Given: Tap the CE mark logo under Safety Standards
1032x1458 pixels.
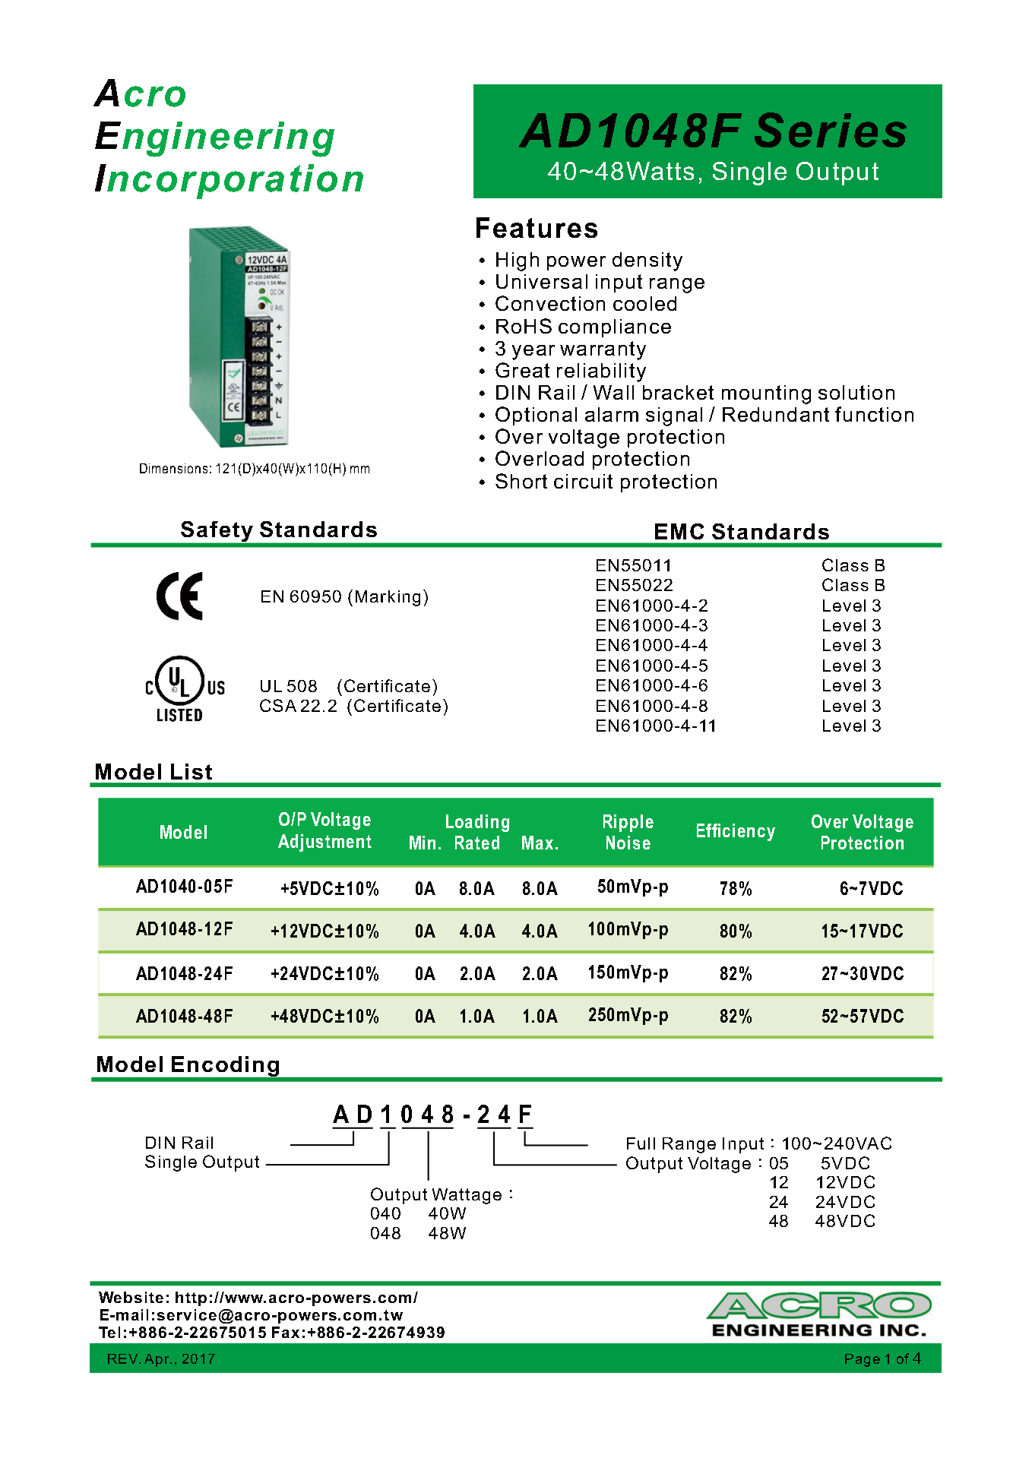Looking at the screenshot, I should (x=180, y=596).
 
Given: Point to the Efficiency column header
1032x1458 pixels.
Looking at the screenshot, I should (x=735, y=831).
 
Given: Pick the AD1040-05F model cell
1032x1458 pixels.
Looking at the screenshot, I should (x=185, y=887).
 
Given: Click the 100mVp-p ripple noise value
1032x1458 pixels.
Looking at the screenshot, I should (x=628, y=929).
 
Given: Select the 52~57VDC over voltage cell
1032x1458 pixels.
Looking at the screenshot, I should (x=862, y=1016).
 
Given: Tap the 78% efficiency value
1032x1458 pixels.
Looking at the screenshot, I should (x=736, y=888).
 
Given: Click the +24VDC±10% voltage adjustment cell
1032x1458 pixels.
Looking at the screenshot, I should (x=324, y=974).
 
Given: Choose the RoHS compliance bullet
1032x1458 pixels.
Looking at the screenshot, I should (x=583, y=327).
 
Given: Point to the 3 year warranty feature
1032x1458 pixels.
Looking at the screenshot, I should (x=570, y=349).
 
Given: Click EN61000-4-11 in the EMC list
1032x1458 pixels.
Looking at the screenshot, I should (x=655, y=726).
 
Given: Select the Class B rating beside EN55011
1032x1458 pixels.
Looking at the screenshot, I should (x=853, y=565).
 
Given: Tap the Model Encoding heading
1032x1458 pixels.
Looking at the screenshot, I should (x=188, y=1064).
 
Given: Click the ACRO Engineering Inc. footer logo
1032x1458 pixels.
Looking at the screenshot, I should (x=819, y=1314).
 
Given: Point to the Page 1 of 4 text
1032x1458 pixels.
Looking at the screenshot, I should (x=882, y=1358).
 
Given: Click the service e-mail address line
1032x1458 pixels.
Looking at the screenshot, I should (x=251, y=1315).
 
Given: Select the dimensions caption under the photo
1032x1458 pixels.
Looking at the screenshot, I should (x=254, y=469).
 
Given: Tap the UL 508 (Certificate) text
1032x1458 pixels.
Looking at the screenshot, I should (x=348, y=686).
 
